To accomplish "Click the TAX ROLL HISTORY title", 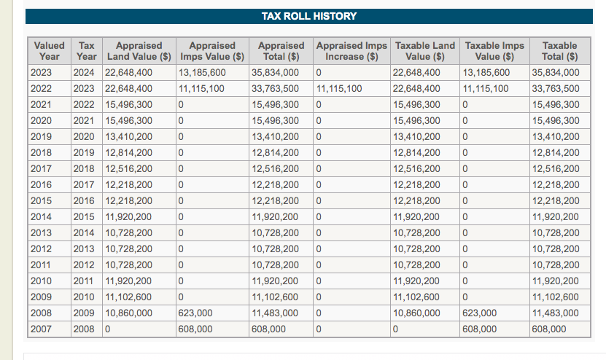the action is click(x=308, y=16).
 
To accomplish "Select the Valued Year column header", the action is click(x=49, y=51).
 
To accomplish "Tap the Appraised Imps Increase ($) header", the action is click(x=351, y=51).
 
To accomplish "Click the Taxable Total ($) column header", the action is click(x=559, y=51).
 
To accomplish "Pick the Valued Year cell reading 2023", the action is click(x=41, y=73).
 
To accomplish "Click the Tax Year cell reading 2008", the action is click(x=84, y=329).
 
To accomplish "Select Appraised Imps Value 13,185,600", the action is click(x=202, y=73).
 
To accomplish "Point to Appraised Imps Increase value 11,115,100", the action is click(x=339, y=89).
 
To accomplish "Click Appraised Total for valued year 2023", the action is click(x=275, y=73).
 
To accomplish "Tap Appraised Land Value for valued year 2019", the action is click(x=128, y=137).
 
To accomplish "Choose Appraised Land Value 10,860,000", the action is click(x=128, y=313).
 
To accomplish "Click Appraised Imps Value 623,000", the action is click(x=195, y=313).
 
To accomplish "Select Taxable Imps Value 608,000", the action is click(x=479, y=329).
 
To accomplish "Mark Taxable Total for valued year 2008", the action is click(x=556, y=313).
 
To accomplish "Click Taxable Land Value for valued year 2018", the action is click(x=416, y=153).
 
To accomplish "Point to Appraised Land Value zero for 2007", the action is click(x=107, y=329).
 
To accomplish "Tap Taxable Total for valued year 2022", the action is click(x=556, y=89).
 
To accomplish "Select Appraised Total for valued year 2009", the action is click(x=275, y=297).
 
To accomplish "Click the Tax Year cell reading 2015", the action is click(x=84, y=217).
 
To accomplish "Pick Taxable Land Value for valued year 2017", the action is click(x=416, y=169).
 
